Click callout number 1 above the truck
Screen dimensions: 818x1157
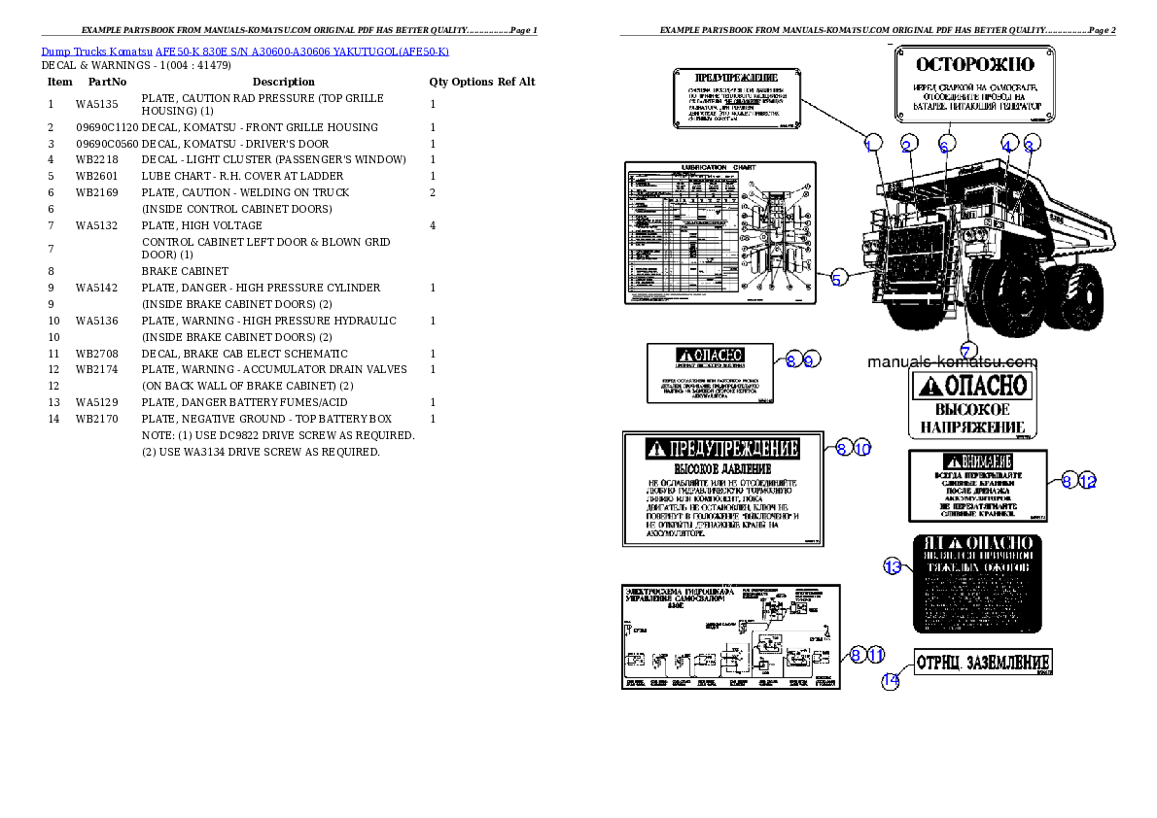click(871, 144)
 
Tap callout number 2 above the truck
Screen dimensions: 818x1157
click(907, 145)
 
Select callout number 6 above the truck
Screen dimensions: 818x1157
click(943, 145)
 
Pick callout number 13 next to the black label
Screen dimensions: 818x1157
click(893, 565)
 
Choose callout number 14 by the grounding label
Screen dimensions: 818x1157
click(891, 681)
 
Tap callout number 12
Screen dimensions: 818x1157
click(1087, 480)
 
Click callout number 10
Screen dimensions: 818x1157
click(862, 448)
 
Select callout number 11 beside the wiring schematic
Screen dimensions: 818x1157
click(876, 655)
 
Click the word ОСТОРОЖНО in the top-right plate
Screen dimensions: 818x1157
click(976, 65)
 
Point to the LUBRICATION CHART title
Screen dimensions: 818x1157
click(718, 167)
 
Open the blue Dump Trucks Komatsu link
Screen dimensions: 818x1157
click(244, 51)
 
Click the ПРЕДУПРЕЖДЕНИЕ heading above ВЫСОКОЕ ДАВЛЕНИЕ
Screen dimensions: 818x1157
click(723, 449)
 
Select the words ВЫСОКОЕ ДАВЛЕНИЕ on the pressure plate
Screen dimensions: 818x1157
click(722, 469)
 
